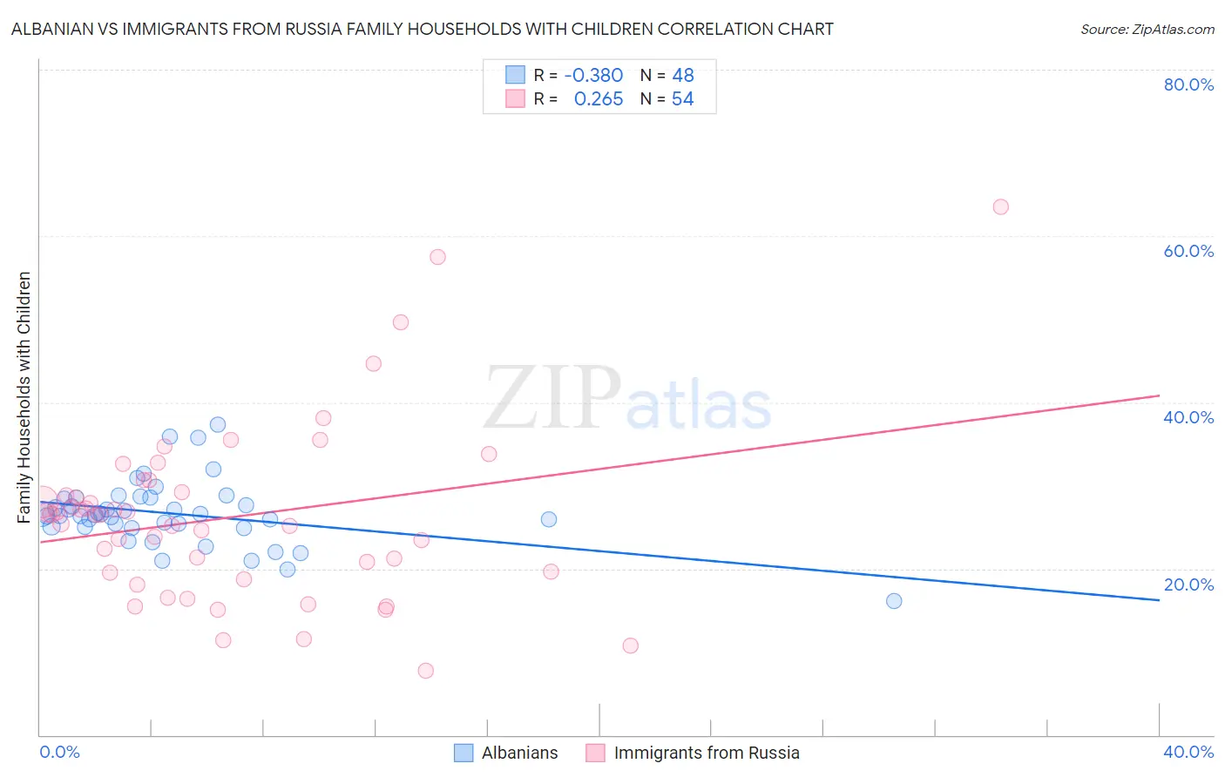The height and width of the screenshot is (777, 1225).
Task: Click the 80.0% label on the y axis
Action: coord(1188,84)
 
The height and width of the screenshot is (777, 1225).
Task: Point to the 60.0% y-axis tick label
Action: coord(1188,251)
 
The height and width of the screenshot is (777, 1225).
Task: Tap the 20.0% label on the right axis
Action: coord(1188,584)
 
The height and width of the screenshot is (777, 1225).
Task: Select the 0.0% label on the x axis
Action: coord(59,752)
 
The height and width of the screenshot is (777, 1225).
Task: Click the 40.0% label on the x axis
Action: coord(1188,752)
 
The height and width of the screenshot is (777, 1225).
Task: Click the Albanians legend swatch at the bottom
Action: coord(464,753)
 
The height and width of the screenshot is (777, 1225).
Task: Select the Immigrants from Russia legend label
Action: coord(707,753)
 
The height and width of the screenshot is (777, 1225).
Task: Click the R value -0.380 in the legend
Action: coord(593,76)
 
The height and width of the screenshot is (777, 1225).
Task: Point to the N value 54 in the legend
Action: coord(682,99)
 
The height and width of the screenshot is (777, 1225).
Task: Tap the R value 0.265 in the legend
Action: coord(599,99)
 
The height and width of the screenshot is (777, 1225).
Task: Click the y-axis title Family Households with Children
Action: coord(24,397)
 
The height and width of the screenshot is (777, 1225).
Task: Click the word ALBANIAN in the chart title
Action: coord(53,30)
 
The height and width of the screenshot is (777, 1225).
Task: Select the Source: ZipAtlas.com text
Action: coord(1147,30)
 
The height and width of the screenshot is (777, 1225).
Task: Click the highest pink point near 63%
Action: coord(1000,207)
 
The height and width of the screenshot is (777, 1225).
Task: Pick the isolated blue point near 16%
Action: coord(893,601)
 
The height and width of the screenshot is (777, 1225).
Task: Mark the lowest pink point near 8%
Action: coord(425,671)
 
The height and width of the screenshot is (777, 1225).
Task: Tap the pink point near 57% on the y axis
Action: coord(437,257)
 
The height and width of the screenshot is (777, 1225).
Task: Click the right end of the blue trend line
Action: coord(1159,600)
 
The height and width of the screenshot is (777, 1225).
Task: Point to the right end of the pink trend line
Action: coord(1159,395)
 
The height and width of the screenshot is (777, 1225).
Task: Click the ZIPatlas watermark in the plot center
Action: coord(627,399)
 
